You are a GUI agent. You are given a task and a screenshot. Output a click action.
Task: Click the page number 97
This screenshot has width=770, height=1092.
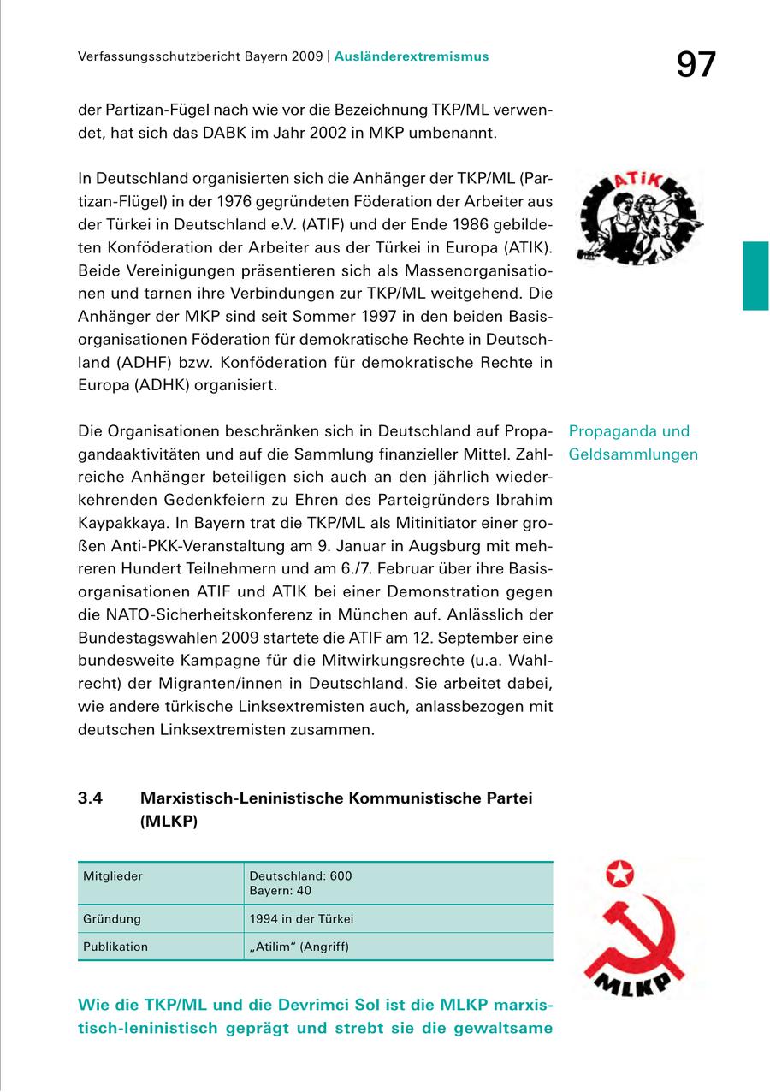[695, 65]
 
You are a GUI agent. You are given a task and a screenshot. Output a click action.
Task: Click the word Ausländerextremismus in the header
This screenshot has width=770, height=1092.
[412, 56]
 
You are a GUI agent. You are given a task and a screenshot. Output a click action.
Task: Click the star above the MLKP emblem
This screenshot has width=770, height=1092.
[617, 873]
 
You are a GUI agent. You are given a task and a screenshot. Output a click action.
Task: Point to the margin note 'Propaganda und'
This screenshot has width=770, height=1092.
[629, 431]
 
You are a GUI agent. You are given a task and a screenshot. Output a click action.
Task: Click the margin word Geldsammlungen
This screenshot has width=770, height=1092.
[633, 454]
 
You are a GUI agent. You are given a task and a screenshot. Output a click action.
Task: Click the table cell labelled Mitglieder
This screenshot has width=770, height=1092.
[113, 876]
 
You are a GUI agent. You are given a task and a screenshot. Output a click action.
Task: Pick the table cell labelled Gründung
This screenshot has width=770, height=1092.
[112, 919]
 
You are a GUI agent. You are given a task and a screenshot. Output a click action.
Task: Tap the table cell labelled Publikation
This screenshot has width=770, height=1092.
[115, 947]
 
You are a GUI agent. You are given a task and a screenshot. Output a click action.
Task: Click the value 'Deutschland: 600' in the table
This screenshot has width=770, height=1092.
[300, 876]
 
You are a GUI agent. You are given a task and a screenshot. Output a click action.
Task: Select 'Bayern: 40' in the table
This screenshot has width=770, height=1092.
[280, 890]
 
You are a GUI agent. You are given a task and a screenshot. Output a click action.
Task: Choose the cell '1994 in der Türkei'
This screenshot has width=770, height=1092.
[301, 919]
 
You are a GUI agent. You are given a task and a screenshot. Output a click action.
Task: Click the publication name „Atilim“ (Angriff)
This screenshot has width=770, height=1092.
[299, 947]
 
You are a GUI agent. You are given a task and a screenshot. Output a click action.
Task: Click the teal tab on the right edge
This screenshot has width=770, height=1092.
[755, 275]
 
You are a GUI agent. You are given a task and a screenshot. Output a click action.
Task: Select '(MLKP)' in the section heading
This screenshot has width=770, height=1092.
[169, 822]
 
